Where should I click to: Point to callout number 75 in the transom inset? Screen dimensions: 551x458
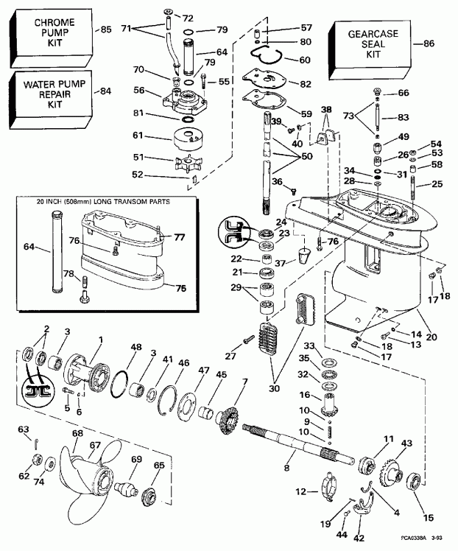[x=177, y=289]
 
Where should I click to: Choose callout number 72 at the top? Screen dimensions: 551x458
[x=186, y=16]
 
